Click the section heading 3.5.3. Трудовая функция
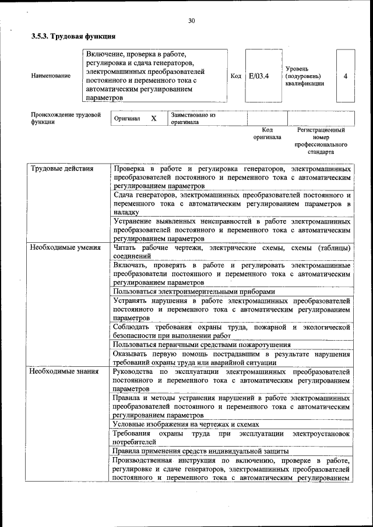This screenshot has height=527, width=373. point(73,36)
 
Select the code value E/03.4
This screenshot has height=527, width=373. point(258,76)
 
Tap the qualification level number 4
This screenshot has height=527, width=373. point(346,76)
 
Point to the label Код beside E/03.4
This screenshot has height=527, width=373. point(235,76)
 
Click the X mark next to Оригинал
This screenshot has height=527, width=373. point(154,118)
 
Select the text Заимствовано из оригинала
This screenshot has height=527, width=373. point(192,119)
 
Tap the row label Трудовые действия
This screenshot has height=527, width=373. point(62,169)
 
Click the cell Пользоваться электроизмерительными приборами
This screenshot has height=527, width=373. point(194,291)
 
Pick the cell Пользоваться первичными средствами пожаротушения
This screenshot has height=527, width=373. point(198,345)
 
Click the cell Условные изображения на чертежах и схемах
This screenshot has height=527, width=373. point(186,425)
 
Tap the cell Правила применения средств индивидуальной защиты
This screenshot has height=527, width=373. point(200,451)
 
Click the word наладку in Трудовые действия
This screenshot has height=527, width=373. point(126,213)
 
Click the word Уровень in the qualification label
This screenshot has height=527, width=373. point(297,69)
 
